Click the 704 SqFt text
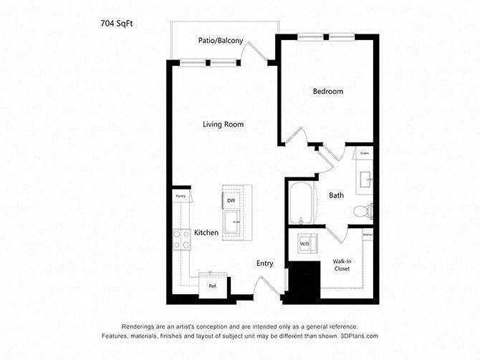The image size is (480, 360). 117,23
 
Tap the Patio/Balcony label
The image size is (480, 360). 220,41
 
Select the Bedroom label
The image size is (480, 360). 327,92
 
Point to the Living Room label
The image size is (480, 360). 223,125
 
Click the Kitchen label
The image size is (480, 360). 206,233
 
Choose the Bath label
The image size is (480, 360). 337,195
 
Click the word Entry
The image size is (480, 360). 264,263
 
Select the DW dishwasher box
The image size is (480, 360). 231,201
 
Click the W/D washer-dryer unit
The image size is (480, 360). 304,244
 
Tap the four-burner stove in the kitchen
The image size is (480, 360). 180,239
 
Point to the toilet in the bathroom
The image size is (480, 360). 363,210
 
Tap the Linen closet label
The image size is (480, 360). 365,154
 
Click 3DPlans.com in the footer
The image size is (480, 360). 358,335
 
